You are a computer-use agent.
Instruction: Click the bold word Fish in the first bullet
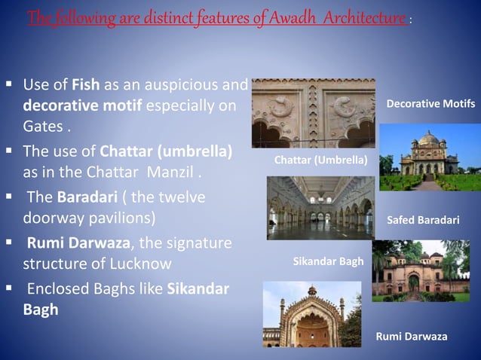86,84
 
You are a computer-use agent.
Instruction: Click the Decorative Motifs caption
430,103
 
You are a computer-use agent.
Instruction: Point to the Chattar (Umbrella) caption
320,160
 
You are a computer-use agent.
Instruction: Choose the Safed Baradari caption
422,221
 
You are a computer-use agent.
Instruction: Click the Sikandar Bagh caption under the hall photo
328,261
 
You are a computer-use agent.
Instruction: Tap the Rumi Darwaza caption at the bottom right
411,336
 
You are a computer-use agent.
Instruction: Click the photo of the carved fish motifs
313,113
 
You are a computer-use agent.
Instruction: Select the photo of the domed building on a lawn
429,159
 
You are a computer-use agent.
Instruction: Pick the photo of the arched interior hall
320,206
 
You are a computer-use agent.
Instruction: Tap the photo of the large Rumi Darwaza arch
311,315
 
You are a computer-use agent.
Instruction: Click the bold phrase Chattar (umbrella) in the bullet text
165,150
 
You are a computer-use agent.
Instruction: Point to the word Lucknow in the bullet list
142,264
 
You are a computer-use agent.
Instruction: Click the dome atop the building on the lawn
428,139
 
